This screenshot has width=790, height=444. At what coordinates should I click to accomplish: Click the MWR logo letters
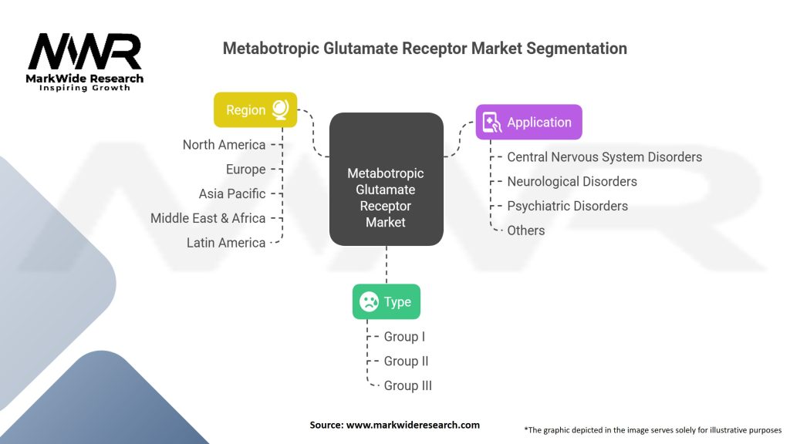(x=85, y=52)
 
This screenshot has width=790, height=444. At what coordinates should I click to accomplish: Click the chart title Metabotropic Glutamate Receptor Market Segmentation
(x=424, y=49)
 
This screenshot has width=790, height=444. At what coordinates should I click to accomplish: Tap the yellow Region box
(x=255, y=110)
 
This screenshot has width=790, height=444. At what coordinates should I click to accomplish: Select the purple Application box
(x=528, y=122)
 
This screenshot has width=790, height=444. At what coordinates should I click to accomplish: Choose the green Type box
(x=387, y=301)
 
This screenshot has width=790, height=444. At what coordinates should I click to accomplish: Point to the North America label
(x=224, y=145)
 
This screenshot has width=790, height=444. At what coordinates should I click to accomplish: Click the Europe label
(x=245, y=170)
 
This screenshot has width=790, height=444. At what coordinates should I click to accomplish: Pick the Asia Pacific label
(x=231, y=193)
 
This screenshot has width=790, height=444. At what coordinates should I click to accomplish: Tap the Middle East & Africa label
(x=208, y=218)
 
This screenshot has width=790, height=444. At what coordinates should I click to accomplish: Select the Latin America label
(x=225, y=243)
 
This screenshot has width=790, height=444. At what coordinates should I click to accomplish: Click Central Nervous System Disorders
(x=604, y=157)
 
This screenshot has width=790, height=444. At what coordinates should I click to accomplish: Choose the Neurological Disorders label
(x=572, y=182)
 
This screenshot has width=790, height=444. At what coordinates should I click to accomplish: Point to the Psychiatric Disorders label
(x=567, y=206)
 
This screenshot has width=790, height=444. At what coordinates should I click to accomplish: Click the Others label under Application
(x=525, y=230)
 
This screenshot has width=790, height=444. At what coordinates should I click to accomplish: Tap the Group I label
(x=404, y=337)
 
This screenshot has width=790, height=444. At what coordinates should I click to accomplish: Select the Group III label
(x=407, y=385)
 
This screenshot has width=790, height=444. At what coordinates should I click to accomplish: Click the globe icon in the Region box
(x=280, y=110)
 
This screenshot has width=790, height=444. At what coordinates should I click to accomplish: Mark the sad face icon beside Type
(x=369, y=301)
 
